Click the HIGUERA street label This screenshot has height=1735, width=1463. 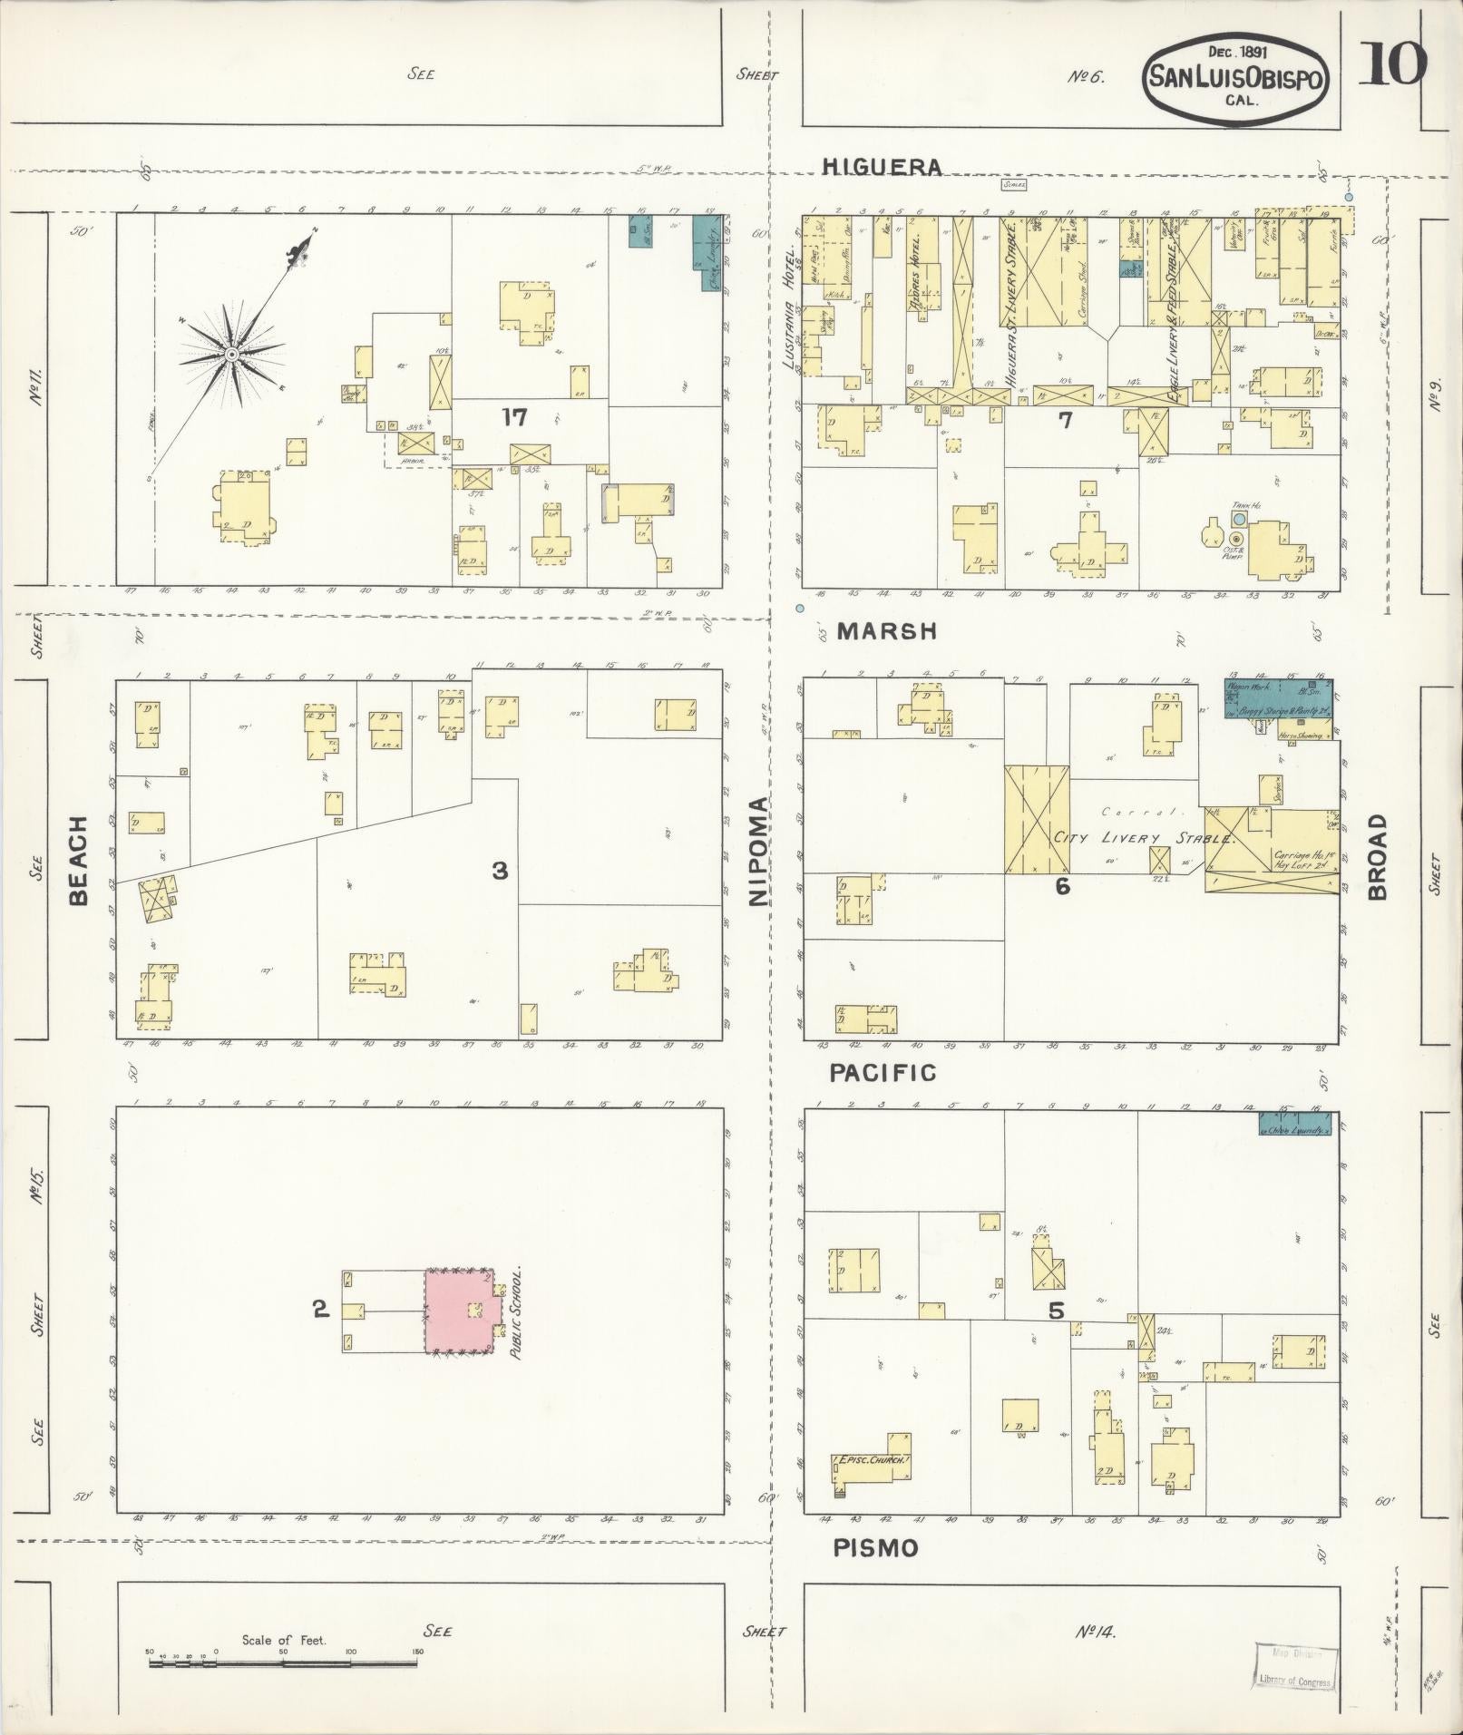click(882, 167)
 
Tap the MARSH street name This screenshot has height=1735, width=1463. click(886, 632)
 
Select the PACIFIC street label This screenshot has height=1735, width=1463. click(883, 1073)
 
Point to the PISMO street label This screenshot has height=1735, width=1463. click(875, 1548)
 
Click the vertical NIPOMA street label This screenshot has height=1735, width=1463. click(758, 853)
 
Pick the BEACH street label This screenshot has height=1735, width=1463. click(79, 860)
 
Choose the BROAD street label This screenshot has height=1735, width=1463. click(1378, 855)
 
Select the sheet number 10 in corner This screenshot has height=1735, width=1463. click(1391, 63)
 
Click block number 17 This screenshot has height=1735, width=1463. click(515, 417)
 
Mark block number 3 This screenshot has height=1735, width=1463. click(500, 872)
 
